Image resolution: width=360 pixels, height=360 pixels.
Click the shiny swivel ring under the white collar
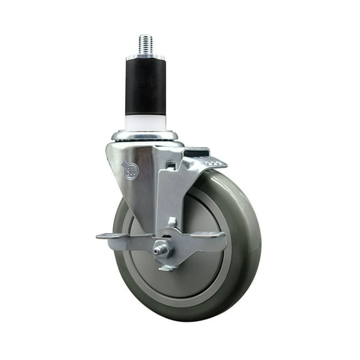coord(145,136)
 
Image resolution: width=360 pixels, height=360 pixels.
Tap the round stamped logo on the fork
coord(131,170)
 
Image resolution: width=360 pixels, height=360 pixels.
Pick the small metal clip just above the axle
coord(171,222)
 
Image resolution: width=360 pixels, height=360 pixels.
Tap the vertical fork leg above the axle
coord(165,201)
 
